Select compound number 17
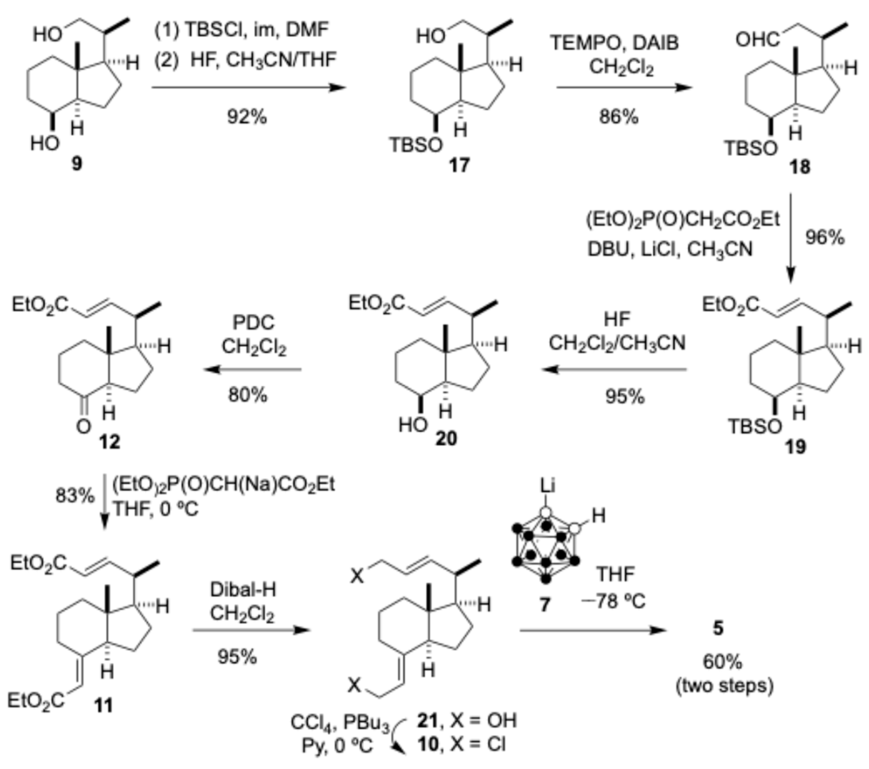tap(459, 165)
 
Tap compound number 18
tap(800, 167)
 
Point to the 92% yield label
tap(247, 116)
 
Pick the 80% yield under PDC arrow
tap(248, 395)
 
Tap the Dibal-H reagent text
tap(243, 590)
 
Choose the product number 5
tap(718, 628)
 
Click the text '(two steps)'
tap(724, 686)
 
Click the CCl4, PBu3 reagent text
tap(340, 722)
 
